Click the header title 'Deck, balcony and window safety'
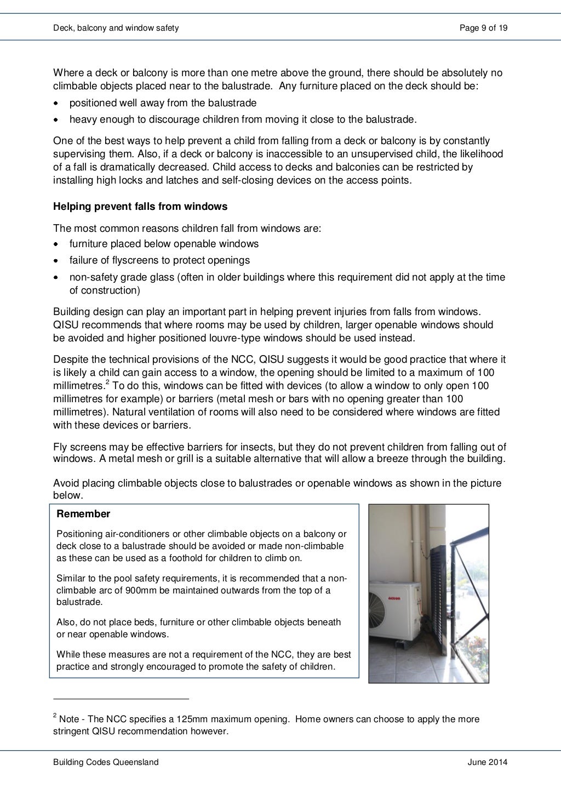116,27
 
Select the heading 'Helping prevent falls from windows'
140,207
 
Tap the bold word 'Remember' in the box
83,514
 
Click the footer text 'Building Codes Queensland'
106,762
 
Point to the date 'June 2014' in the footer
488,762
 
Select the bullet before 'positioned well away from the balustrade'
56,104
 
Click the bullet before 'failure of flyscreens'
56,261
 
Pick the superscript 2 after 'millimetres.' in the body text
108,382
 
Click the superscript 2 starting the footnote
55,715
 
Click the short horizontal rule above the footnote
121,699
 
